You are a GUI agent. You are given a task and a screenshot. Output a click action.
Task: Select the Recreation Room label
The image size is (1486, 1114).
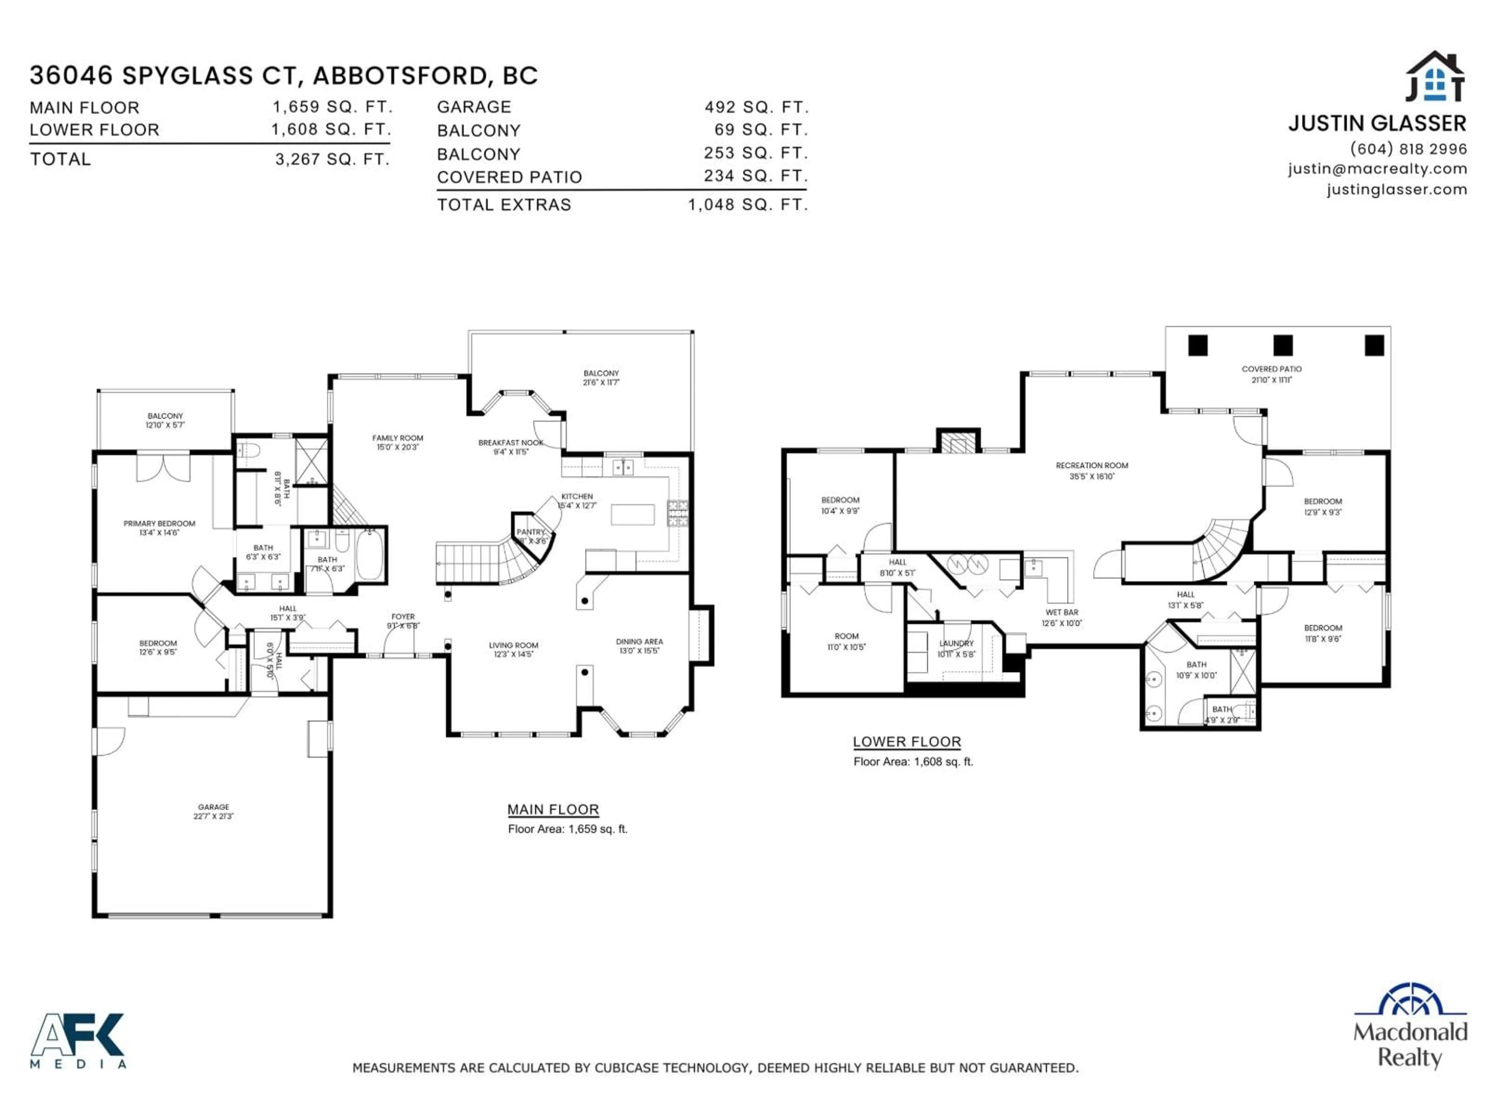point(1092,465)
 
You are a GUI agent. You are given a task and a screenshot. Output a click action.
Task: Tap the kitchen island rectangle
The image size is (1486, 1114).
point(632,514)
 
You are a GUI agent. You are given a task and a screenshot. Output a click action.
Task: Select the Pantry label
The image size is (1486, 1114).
point(531,532)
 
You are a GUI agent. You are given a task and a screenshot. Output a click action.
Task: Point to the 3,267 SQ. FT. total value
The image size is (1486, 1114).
point(332,159)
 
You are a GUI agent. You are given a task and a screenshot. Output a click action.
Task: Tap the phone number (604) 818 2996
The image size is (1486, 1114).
point(1408,149)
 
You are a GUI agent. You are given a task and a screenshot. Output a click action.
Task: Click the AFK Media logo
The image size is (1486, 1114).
point(77,1039)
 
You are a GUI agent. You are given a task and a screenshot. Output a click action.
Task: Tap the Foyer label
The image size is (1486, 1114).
point(403,617)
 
